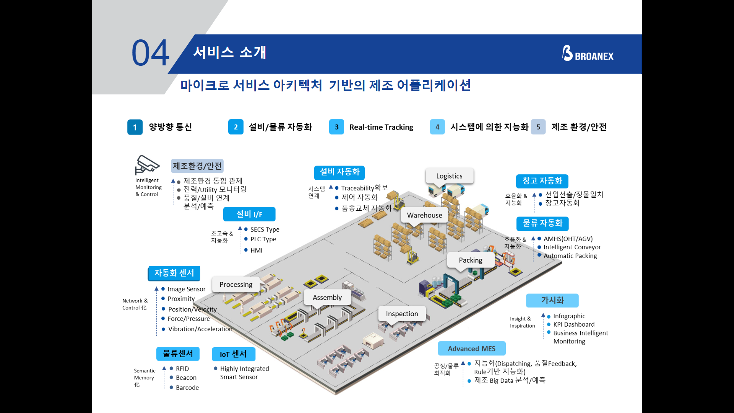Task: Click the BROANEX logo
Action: click(x=588, y=54)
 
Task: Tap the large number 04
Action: click(x=150, y=53)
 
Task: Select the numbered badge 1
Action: click(x=135, y=127)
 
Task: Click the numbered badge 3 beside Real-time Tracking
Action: click(x=336, y=127)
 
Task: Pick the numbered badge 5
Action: click(x=538, y=127)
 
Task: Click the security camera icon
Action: click(x=146, y=165)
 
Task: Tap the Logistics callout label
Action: click(x=449, y=176)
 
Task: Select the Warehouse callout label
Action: click(x=424, y=215)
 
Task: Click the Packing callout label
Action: click(x=470, y=260)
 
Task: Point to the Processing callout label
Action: click(x=236, y=285)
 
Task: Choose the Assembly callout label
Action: click(x=327, y=298)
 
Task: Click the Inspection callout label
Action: click(x=402, y=314)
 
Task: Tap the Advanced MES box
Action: click(x=471, y=349)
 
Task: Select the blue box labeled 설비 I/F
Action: click(x=249, y=214)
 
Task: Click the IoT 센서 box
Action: click(x=233, y=354)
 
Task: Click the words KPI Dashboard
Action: click(x=574, y=325)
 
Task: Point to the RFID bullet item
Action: click(x=182, y=369)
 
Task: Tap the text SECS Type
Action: click(x=265, y=229)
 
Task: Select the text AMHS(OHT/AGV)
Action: click(x=568, y=239)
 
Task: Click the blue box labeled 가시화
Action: click(x=552, y=301)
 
